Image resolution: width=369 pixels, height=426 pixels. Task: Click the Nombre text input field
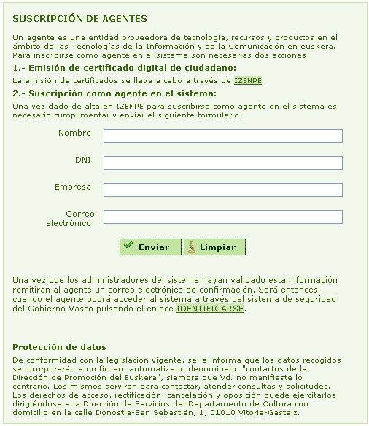222,136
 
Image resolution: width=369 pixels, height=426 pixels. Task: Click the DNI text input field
222,163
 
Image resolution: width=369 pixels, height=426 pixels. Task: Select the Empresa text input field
222,190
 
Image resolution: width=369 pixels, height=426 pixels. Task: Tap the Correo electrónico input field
222,217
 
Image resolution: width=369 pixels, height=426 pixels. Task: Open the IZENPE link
248,80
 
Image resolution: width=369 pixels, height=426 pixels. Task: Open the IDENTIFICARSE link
210,309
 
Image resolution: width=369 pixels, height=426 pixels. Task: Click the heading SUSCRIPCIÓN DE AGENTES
80,18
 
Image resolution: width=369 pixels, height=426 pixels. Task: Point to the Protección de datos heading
59,346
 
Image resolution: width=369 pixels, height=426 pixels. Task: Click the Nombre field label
76,133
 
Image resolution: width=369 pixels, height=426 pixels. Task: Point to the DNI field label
85,160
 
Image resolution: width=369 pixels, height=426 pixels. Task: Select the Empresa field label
74,187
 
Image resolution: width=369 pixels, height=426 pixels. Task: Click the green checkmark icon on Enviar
128,247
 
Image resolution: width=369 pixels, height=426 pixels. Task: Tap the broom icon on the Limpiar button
192,247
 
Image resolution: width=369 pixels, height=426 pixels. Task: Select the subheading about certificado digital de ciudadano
125,68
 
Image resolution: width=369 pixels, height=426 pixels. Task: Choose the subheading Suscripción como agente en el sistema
114,93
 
